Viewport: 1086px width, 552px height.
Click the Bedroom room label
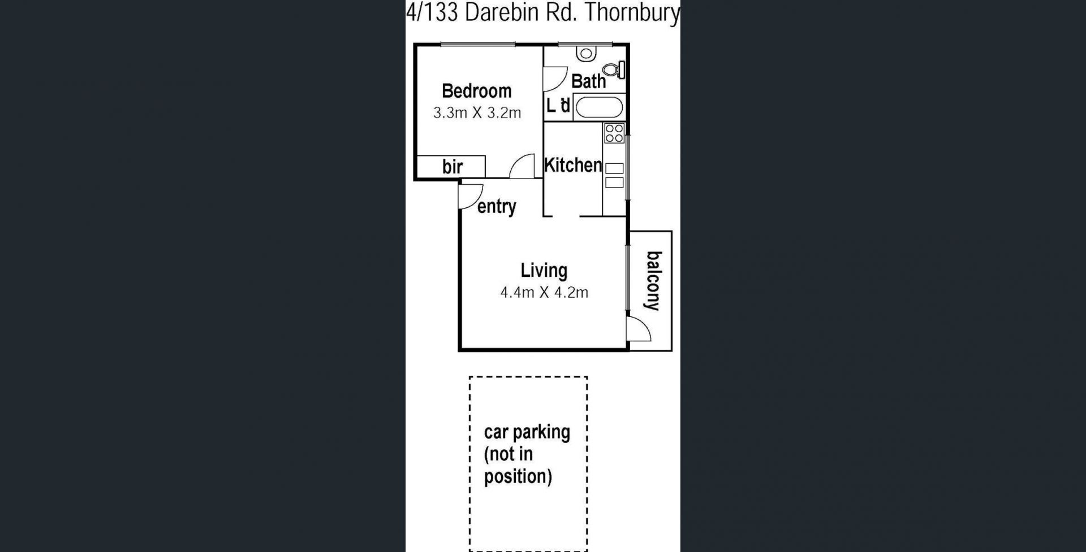476,91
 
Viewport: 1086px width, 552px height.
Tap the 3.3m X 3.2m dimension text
477,113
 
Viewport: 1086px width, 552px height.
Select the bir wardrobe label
453,167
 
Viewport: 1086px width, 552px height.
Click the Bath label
588,81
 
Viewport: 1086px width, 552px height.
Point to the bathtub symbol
599,107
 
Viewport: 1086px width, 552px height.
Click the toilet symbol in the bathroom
614,70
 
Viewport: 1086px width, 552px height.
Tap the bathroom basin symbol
587,54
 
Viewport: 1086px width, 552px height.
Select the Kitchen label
573,165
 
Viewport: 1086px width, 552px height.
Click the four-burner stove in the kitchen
614,133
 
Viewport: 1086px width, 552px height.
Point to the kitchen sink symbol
614,175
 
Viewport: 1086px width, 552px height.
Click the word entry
497,207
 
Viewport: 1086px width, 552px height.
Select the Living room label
544,271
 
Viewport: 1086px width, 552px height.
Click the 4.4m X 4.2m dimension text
544,293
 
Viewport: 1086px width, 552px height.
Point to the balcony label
653,281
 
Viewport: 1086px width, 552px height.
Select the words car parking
527,432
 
